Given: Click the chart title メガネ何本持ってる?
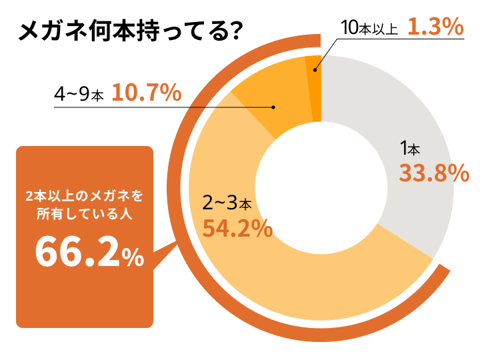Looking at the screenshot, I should tap(130, 31).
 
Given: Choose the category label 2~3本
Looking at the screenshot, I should tap(227, 202).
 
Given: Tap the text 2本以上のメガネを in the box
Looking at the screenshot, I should tap(84, 197).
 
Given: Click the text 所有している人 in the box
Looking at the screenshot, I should tap(84, 215).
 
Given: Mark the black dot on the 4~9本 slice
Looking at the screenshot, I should tap(273, 107).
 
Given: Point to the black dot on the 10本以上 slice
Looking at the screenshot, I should tap(315, 66).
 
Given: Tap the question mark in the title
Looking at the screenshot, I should tap(234, 31).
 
